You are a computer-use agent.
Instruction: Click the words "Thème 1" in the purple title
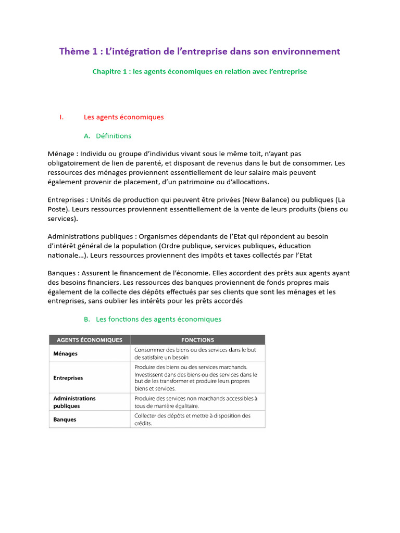(x=79, y=52)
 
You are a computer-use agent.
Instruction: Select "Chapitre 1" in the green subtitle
(x=110, y=71)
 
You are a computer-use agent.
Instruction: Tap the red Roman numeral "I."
(x=61, y=117)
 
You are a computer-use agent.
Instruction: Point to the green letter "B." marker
(x=87, y=319)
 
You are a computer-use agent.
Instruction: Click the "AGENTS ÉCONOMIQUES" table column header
(x=89, y=340)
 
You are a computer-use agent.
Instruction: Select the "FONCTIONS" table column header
(x=197, y=340)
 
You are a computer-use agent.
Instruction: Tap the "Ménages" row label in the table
(x=65, y=353)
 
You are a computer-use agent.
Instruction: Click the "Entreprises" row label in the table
(x=68, y=378)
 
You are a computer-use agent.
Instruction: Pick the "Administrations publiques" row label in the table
(x=74, y=402)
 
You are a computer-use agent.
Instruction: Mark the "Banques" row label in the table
(x=65, y=420)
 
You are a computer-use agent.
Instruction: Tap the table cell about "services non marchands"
(x=196, y=402)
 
